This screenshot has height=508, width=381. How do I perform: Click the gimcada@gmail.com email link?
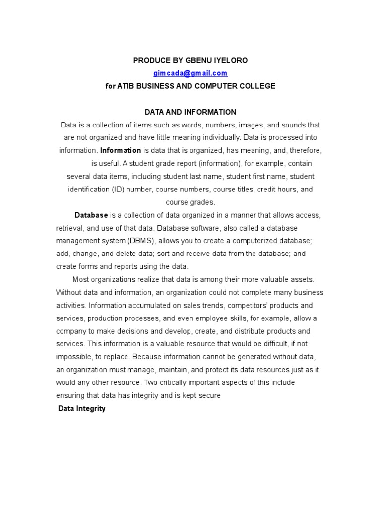(190, 73)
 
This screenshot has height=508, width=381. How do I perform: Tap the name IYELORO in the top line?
(230, 60)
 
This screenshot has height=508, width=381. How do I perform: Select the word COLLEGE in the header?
(256, 86)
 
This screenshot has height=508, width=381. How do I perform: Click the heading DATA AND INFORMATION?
(190, 112)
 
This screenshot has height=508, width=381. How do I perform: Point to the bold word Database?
(91, 215)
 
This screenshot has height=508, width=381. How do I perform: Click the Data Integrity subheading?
(82, 409)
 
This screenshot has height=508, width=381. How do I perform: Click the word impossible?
(75, 357)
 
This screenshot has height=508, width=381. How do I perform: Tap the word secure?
(209, 396)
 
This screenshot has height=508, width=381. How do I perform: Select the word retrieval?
(70, 228)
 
